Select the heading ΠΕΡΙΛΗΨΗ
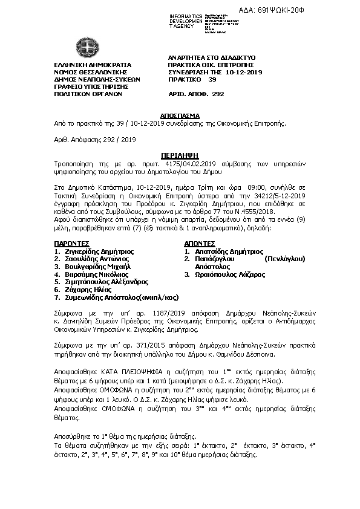point(180,155)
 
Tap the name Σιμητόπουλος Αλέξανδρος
point(105,282)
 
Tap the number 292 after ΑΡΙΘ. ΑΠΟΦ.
point(218,94)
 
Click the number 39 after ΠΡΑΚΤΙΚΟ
point(212,79)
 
